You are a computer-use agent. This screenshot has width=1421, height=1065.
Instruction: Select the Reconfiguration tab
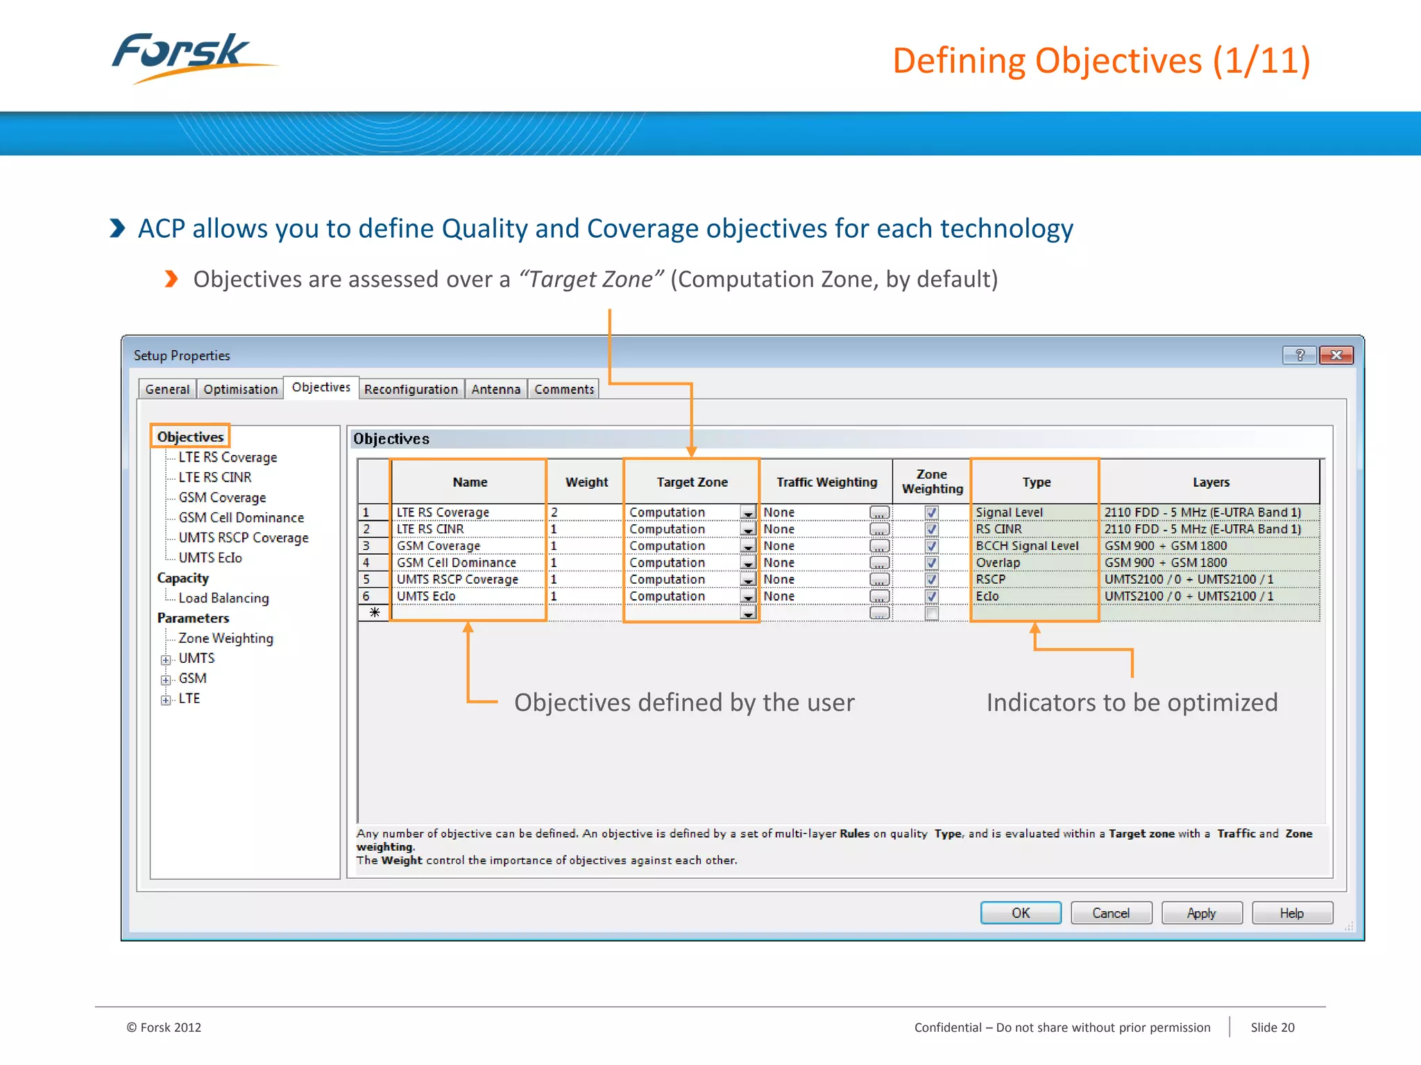coord(411,389)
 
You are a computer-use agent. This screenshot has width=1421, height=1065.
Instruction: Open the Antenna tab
coord(495,389)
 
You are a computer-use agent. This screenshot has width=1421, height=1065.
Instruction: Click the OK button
coord(1020,913)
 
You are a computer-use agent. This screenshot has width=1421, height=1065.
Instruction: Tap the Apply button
coord(1201,913)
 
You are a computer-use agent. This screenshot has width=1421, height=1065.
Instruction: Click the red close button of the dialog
coord(1336,355)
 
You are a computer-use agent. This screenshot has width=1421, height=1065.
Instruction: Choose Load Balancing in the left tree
coord(223,598)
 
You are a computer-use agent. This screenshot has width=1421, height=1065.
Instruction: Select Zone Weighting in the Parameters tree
coord(226,638)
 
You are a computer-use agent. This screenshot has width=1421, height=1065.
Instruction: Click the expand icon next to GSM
coord(166,679)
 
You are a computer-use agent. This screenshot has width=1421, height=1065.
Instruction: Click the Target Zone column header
coord(692,482)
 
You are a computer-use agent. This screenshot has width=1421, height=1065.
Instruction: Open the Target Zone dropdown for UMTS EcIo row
coord(748,597)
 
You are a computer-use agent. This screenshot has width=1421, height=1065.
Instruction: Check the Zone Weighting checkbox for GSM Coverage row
coord(931,546)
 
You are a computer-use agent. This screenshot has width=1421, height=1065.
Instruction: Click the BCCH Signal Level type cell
coord(1027,546)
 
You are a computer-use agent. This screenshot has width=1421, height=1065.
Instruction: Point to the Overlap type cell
coord(998,562)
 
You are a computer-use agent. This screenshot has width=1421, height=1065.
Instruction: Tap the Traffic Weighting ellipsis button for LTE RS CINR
coord(879,530)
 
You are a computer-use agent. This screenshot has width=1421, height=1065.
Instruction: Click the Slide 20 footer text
coord(1272,1027)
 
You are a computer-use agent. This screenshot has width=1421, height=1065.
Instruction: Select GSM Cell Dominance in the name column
coord(456,562)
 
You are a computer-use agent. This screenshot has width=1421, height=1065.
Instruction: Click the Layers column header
coord(1211,482)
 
